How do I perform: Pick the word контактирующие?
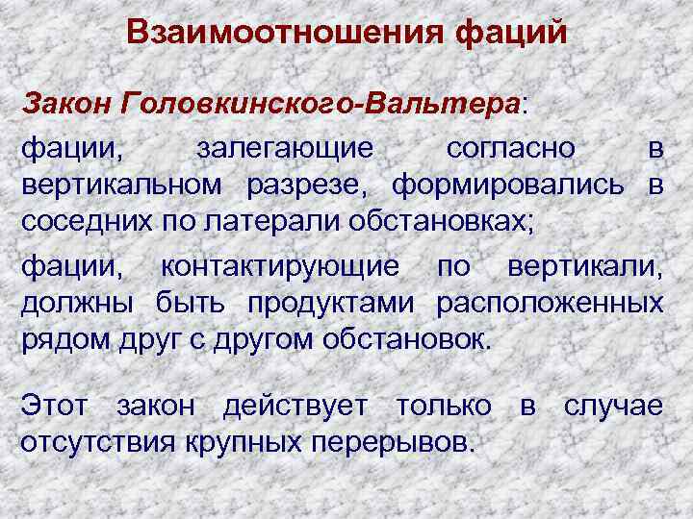tap(285, 268)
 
